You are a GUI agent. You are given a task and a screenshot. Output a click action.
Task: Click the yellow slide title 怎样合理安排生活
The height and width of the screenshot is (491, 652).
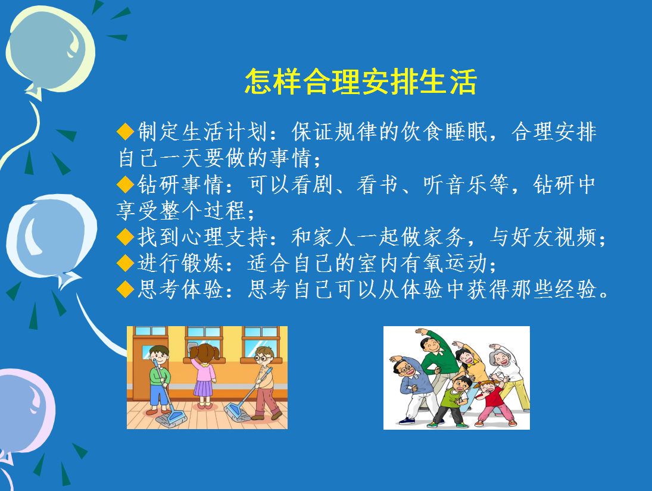pyautogui.click(x=360, y=82)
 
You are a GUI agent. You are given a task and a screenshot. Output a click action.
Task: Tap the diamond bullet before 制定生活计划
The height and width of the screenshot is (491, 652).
pyautogui.click(x=125, y=132)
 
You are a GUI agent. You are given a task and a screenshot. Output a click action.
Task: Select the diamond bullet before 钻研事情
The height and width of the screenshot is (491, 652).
pyautogui.click(x=125, y=184)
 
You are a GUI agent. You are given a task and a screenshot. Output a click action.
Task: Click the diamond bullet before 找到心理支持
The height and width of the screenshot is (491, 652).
pyautogui.click(x=125, y=237)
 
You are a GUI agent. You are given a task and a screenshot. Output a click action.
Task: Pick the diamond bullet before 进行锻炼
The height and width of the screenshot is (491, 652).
pyautogui.click(x=125, y=263)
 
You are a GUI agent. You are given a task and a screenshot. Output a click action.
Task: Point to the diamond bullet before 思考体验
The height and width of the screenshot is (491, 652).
pyautogui.click(x=125, y=289)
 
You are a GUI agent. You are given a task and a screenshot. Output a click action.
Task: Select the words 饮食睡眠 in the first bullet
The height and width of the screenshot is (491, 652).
pyautogui.click(x=444, y=132)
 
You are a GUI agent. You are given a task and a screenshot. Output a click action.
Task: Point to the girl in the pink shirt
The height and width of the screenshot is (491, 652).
pyautogui.click(x=204, y=375)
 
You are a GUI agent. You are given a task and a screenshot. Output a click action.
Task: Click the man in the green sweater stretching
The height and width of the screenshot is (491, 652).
pyautogui.click(x=436, y=362)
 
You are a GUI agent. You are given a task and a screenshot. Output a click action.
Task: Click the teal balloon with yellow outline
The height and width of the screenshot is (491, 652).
pyautogui.click(x=50, y=50)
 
